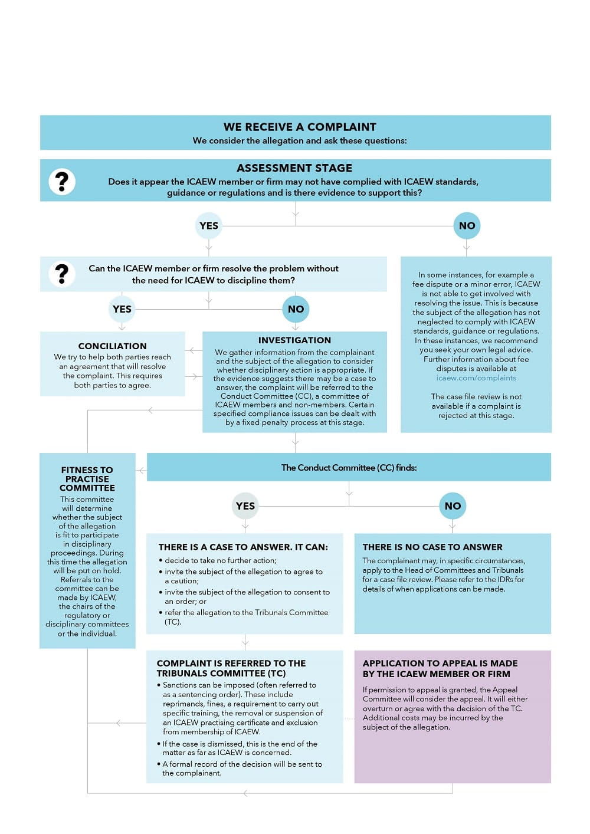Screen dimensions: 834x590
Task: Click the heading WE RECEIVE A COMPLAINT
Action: [300, 127]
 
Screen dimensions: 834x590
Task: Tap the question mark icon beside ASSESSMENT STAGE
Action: [62, 181]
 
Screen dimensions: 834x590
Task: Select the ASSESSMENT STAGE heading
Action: [294, 168]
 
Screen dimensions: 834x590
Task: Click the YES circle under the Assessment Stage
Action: [209, 226]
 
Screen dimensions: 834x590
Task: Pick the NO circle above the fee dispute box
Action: [467, 226]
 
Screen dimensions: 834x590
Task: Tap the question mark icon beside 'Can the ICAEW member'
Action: [62, 274]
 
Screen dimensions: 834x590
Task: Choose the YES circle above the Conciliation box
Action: [122, 309]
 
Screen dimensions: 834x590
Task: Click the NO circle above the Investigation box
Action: [296, 309]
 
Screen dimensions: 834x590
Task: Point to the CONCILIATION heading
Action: [112, 346]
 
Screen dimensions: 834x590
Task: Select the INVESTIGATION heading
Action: [294, 340]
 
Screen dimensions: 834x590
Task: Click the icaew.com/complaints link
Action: [476, 378]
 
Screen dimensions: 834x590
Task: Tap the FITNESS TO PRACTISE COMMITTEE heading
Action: [87, 479]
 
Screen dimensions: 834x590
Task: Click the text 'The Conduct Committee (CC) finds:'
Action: [349, 468]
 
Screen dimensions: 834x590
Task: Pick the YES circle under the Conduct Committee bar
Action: [245, 506]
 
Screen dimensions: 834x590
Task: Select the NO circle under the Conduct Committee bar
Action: [453, 506]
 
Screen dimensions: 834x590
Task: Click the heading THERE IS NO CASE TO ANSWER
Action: [432, 547]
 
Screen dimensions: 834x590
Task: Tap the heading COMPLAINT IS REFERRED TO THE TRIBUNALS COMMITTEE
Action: [231, 668]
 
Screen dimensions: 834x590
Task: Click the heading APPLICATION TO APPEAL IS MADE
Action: [440, 668]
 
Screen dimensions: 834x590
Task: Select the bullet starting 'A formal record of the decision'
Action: [242, 769]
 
